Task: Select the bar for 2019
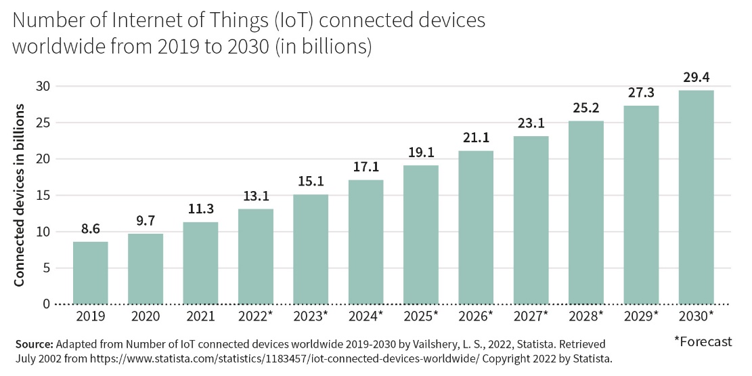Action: coord(91,273)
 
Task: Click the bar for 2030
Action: coord(696,197)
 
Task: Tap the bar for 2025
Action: coord(421,234)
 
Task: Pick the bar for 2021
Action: coord(201,263)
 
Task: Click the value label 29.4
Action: coord(696,77)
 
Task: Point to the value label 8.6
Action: coord(91,229)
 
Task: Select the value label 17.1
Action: coord(366,167)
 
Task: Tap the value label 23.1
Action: coord(531,123)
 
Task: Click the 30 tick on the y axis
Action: coord(44,86)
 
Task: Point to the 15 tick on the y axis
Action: coord(44,195)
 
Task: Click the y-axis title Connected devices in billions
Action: coord(20,195)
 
